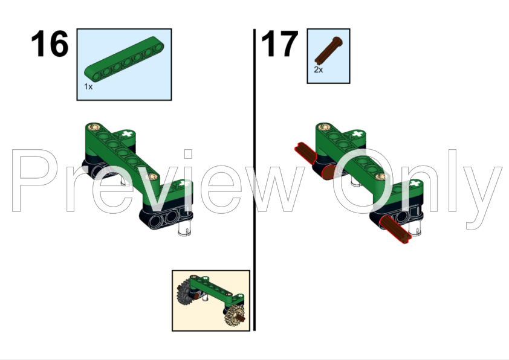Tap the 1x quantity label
click(x=88, y=87)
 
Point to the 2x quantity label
click(x=318, y=70)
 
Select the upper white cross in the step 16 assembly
click(x=126, y=133)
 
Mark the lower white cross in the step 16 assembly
click(x=185, y=183)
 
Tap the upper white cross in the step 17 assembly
click(x=357, y=133)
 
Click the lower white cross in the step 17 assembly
click(x=415, y=183)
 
